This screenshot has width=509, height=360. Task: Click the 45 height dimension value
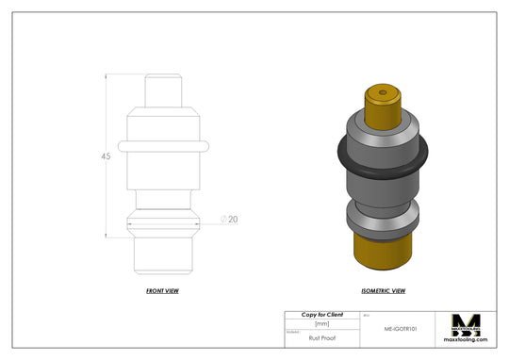(106, 156)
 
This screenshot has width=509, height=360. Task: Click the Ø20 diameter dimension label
(229, 219)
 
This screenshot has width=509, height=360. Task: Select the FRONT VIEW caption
(162, 291)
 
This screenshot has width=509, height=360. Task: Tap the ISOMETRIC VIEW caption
(383, 291)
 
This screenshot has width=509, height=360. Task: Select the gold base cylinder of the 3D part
(382, 250)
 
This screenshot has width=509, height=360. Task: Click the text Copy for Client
(321, 315)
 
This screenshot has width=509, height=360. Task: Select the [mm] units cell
(321, 323)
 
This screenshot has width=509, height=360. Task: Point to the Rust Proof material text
(321, 335)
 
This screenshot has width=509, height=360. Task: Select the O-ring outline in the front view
(162, 147)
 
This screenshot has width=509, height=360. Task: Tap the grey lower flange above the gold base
(382, 221)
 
